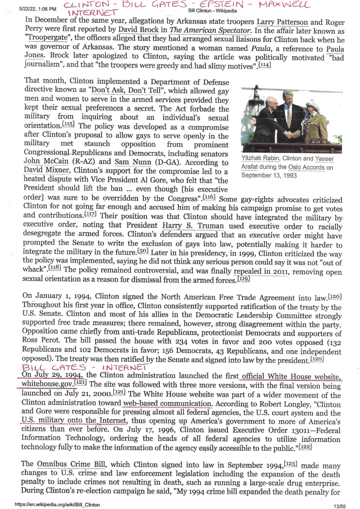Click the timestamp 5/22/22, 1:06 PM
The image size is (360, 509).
38,9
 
